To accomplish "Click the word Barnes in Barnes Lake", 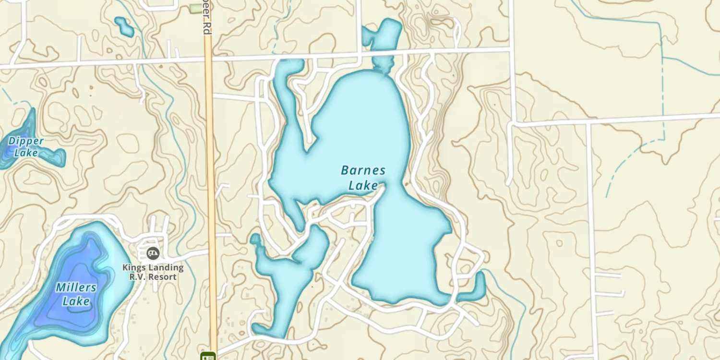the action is pyautogui.click(x=363, y=170).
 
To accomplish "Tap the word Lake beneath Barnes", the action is pyautogui.click(x=363, y=185).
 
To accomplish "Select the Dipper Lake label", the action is pyautogui.click(x=26, y=147).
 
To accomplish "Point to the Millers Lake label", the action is pyautogui.click(x=76, y=294).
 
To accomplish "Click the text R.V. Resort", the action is pyautogui.click(x=153, y=277).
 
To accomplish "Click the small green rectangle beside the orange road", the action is pyautogui.click(x=194, y=8).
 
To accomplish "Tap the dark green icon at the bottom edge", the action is pyautogui.click(x=208, y=356).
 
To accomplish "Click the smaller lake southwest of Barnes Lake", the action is pyautogui.click(x=288, y=274).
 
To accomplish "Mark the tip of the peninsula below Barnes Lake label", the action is pyautogui.click(x=383, y=188).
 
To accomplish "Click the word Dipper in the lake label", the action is pyautogui.click(x=26, y=141).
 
